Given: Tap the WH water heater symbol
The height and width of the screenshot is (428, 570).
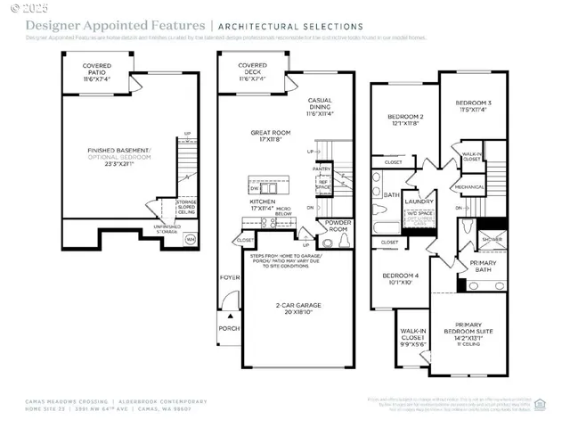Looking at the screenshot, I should click(190, 239).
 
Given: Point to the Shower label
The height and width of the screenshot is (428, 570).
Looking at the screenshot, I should click(491, 238).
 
